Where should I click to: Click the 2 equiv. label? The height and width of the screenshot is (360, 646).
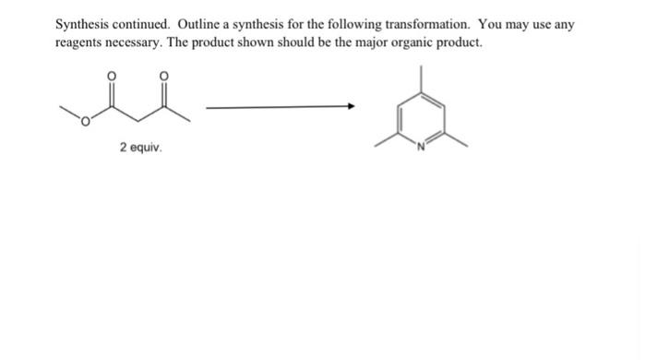[139, 147]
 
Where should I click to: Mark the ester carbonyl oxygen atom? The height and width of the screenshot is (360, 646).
[114, 77]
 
